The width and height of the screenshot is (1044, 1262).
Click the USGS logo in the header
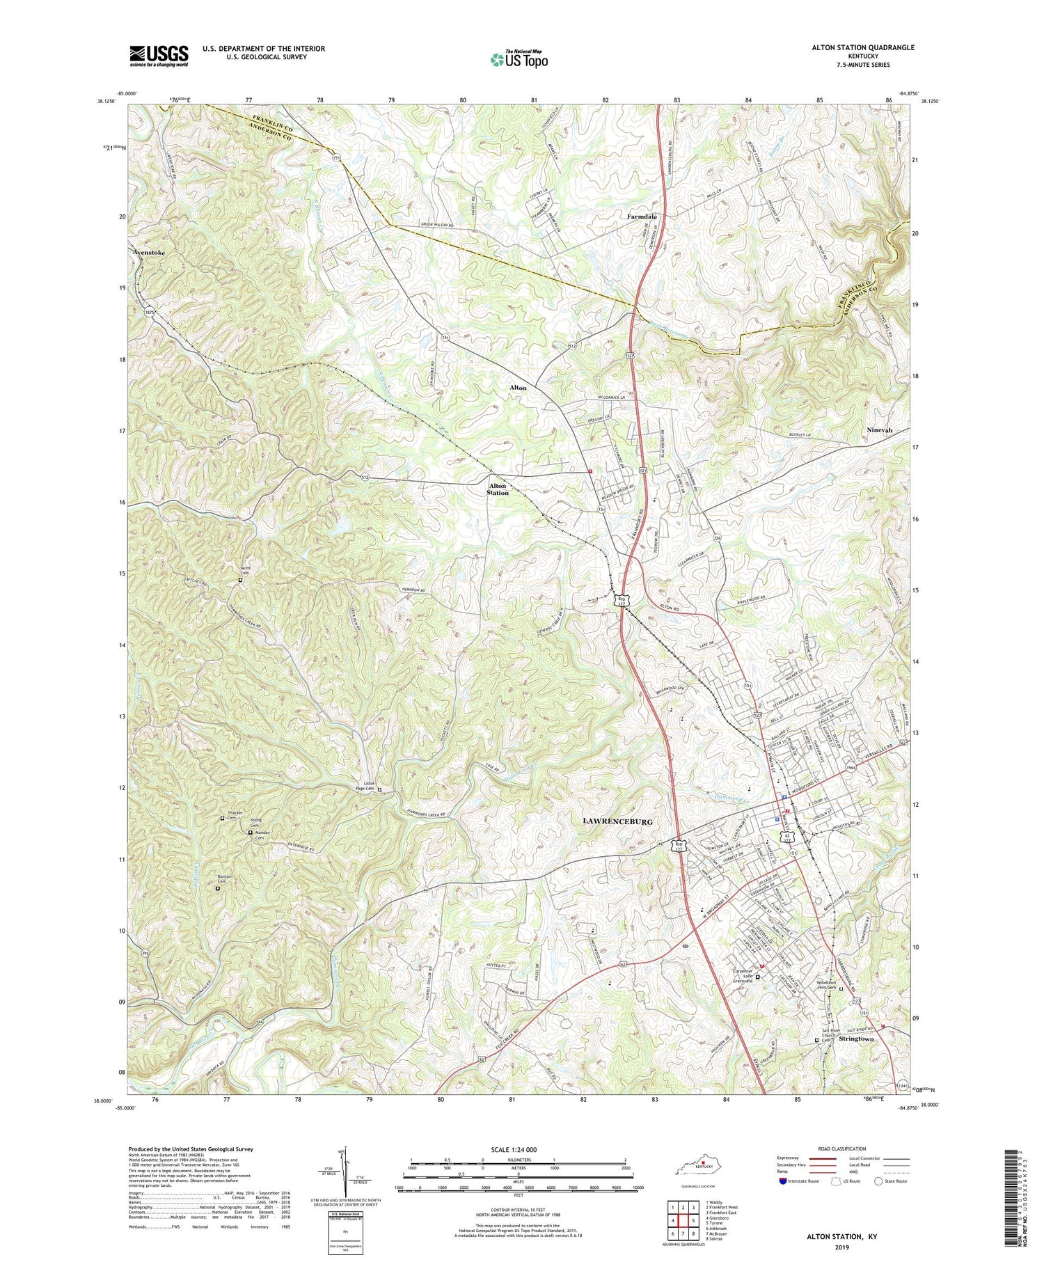point(159,56)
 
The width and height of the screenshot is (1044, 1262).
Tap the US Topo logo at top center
point(519,60)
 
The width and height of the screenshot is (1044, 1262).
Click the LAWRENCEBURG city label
point(617,822)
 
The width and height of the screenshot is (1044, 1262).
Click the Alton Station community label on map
point(498,489)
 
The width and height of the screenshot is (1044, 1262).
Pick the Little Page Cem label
point(365,786)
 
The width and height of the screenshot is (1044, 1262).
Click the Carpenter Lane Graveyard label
point(742,977)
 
